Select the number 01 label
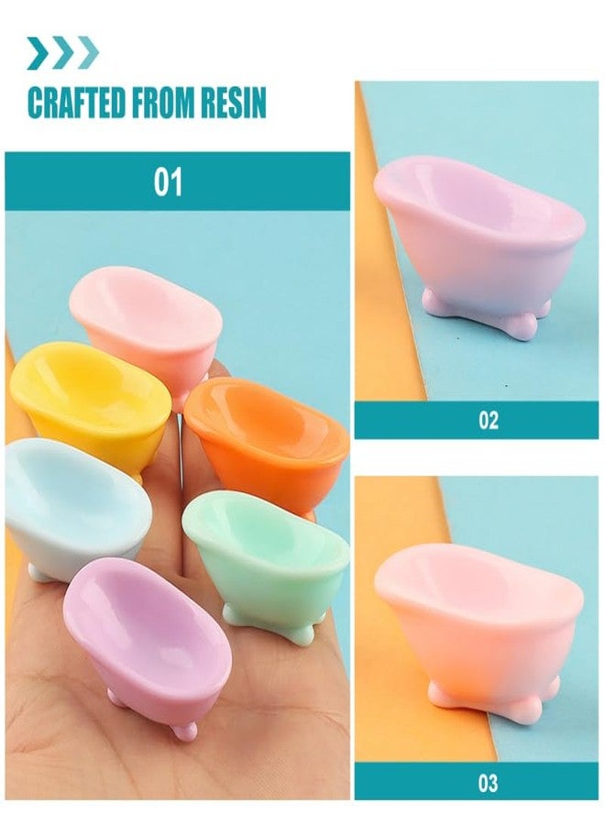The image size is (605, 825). pos(168,181)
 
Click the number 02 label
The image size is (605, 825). pos(489,420)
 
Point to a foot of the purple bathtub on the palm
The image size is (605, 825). pos(184,730)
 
